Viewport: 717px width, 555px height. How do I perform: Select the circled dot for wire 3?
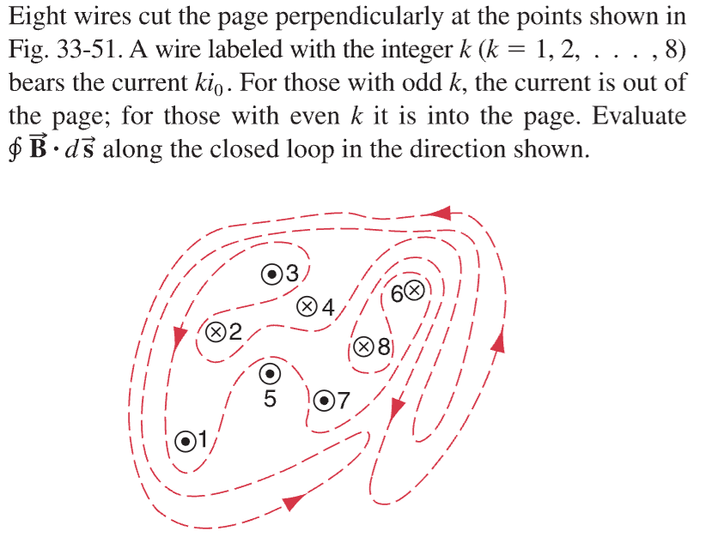[272, 274]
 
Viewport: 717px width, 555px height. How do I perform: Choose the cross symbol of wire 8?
[365, 347]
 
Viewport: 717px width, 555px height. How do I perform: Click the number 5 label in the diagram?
[269, 400]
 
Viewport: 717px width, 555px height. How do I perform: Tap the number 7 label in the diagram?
[344, 401]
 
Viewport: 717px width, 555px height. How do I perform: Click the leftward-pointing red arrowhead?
[442, 212]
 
